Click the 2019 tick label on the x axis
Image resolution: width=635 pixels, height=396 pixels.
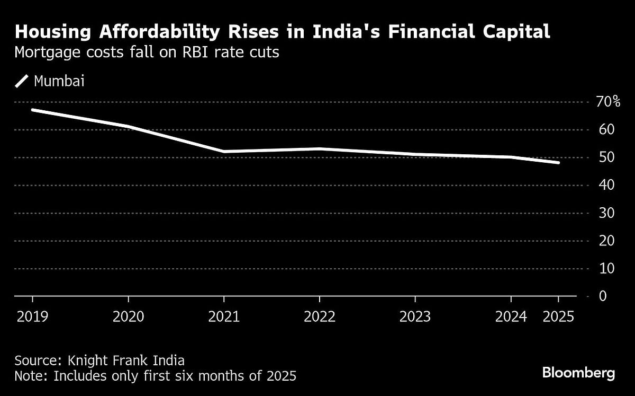[x=32, y=316]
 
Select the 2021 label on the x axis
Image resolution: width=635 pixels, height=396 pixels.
[x=223, y=316]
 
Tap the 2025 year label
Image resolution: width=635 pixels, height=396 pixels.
[x=558, y=316]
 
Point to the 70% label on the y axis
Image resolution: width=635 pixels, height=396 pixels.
[x=608, y=102]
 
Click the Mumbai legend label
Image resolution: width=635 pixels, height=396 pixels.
[x=59, y=82]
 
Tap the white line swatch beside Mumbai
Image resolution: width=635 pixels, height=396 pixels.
[x=22, y=82]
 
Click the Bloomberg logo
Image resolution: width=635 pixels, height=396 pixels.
[x=578, y=373]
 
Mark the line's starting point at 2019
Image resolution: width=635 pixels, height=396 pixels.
[x=32, y=110]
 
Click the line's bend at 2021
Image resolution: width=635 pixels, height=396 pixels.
[x=223, y=152]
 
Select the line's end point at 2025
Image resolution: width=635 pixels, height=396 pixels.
[x=558, y=163]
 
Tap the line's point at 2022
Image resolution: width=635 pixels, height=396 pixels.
[x=319, y=149]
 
